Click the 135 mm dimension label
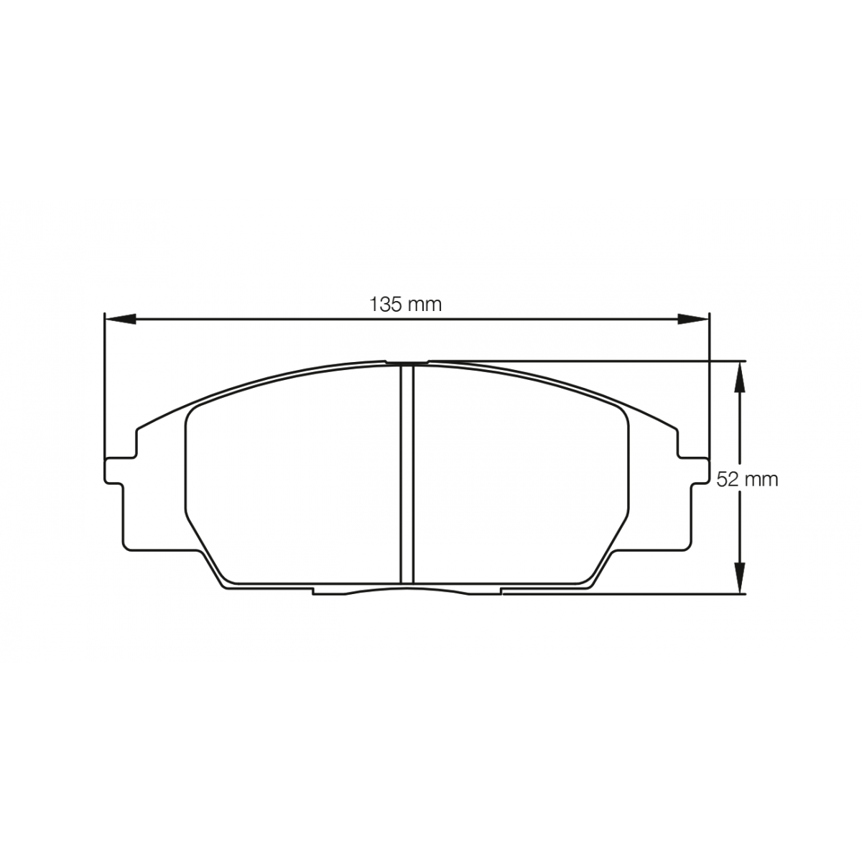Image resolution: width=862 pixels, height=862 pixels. coord(405,305)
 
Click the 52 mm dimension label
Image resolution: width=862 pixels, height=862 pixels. coord(747,480)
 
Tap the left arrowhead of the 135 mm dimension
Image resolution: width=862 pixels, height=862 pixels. coord(120,319)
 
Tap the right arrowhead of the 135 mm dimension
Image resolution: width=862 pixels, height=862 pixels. coord(693,319)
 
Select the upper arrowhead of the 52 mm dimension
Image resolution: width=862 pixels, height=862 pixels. coord(740,376)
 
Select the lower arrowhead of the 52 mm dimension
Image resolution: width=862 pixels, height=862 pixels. coord(740,578)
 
